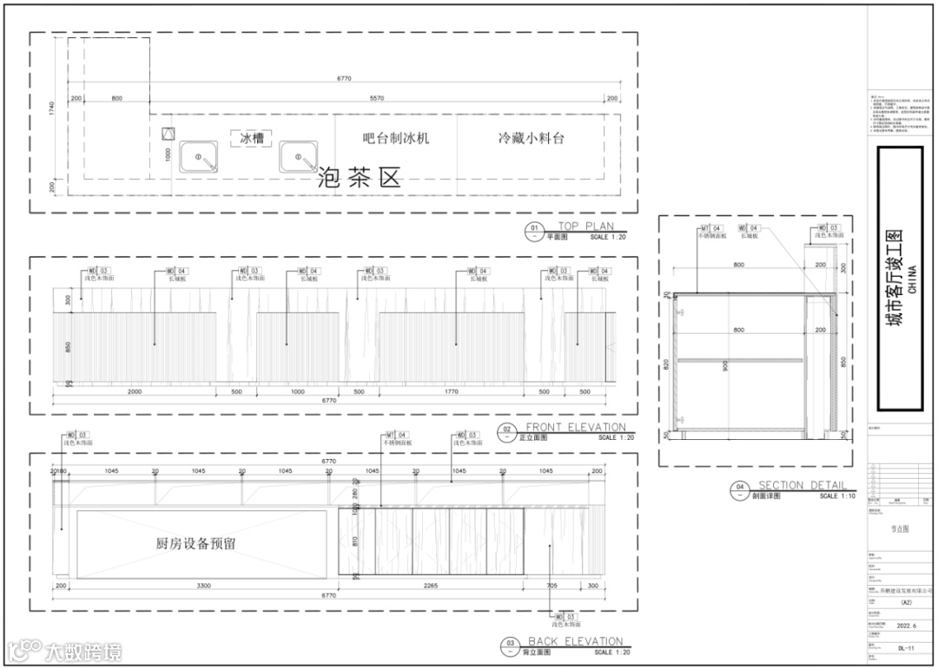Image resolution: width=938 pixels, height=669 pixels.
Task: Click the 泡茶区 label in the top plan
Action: (x=360, y=179)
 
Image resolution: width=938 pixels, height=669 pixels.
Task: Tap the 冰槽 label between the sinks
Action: (x=252, y=139)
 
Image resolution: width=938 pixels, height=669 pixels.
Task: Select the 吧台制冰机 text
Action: (x=396, y=138)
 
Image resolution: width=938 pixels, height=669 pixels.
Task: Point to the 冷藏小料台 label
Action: (x=531, y=138)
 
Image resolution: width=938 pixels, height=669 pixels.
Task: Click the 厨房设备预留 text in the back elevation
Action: (x=195, y=544)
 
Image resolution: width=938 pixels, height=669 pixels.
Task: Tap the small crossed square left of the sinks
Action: (x=168, y=135)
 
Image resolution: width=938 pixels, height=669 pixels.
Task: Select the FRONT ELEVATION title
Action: (x=575, y=428)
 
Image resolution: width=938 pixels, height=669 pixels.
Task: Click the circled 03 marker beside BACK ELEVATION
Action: (x=510, y=645)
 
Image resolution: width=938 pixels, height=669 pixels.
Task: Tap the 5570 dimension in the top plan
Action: (x=377, y=99)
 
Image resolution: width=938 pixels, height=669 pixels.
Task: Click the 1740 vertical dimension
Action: (x=53, y=108)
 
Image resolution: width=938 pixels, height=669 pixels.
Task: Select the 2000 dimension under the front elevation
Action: (x=135, y=392)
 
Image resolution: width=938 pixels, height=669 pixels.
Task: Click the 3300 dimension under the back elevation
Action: (x=203, y=587)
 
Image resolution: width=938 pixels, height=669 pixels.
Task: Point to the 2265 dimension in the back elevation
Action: (x=430, y=587)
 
